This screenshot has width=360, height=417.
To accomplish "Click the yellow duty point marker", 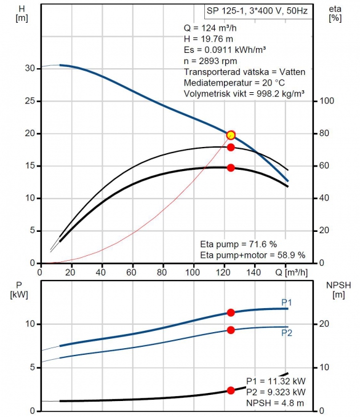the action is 231,135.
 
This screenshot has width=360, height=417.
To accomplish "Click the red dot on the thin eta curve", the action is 231,148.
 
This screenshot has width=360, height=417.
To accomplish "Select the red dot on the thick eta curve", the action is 231,168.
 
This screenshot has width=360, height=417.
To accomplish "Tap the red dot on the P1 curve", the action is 231,312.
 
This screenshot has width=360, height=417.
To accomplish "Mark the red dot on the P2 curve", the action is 231,330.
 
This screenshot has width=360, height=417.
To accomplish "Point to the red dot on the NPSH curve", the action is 231,391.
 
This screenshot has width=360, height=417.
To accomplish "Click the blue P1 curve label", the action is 287,303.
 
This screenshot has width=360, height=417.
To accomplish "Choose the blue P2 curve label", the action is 287,333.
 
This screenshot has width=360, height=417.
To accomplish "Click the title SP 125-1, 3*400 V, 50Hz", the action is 257,11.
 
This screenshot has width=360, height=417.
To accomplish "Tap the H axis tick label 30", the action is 30,68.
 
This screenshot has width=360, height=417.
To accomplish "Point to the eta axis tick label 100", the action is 327,101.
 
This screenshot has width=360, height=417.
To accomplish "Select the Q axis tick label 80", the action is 162,272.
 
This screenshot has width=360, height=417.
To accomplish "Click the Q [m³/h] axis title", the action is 291,272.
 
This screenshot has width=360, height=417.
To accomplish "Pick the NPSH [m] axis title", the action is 338,290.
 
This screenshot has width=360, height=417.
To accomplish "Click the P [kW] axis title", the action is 19,290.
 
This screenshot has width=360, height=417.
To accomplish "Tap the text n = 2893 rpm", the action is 210,61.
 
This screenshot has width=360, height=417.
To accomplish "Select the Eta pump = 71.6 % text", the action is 238,244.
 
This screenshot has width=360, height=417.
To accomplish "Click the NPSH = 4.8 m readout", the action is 275,403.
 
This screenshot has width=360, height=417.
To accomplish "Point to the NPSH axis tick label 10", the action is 324,367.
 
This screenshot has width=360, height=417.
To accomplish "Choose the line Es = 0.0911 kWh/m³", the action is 225,50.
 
